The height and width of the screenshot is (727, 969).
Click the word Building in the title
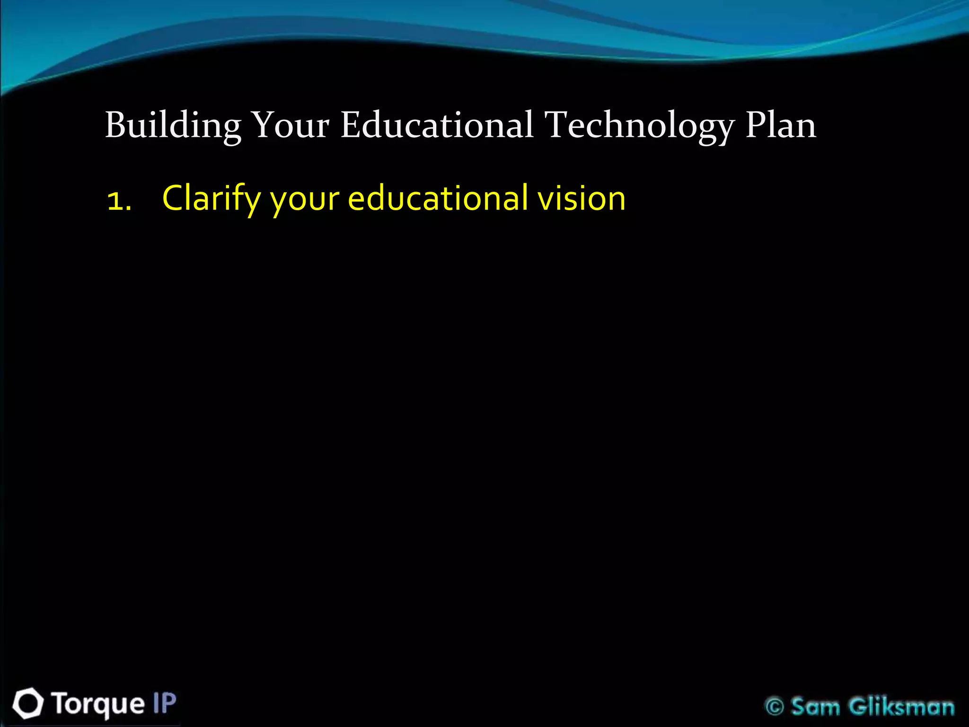click(x=173, y=125)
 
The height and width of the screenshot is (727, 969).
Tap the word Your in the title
click(x=290, y=125)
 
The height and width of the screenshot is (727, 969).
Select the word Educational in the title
click(x=437, y=125)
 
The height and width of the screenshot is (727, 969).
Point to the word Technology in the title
click(x=640, y=125)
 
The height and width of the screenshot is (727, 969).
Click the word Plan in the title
click(x=781, y=125)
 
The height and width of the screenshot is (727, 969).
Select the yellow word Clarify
click(x=211, y=199)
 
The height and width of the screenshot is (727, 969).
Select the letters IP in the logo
click(x=164, y=703)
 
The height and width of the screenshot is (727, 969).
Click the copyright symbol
click(x=775, y=707)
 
